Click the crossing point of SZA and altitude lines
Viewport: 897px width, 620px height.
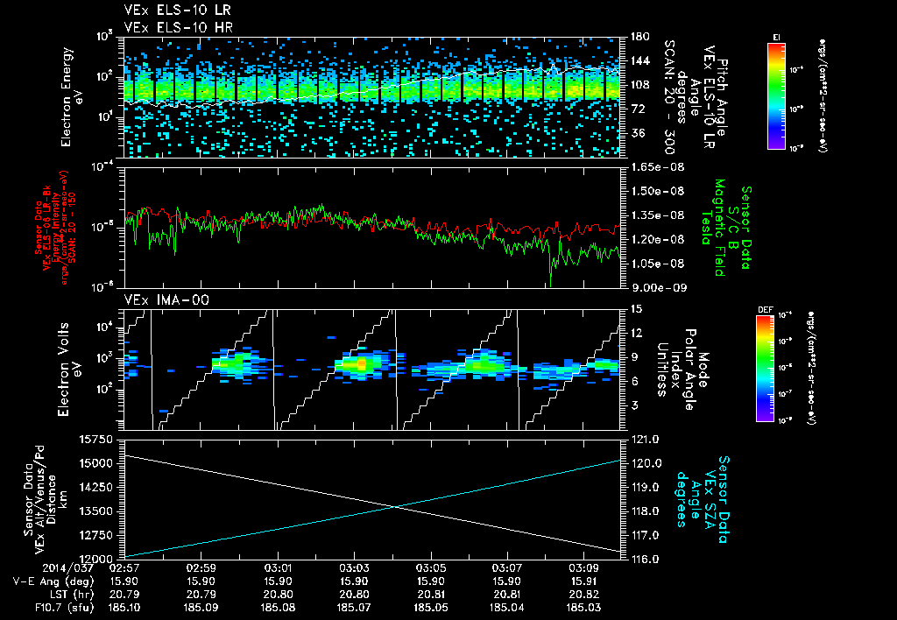tap(395, 506)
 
